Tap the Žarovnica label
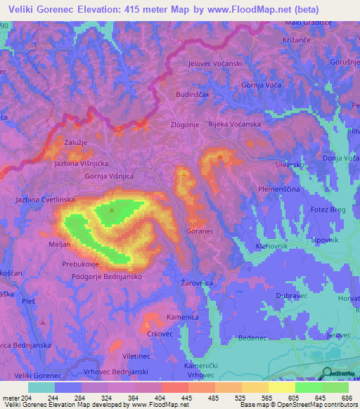[195, 283]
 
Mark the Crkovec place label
[160, 334]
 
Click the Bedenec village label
[253, 338]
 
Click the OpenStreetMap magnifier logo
[327, 373]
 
